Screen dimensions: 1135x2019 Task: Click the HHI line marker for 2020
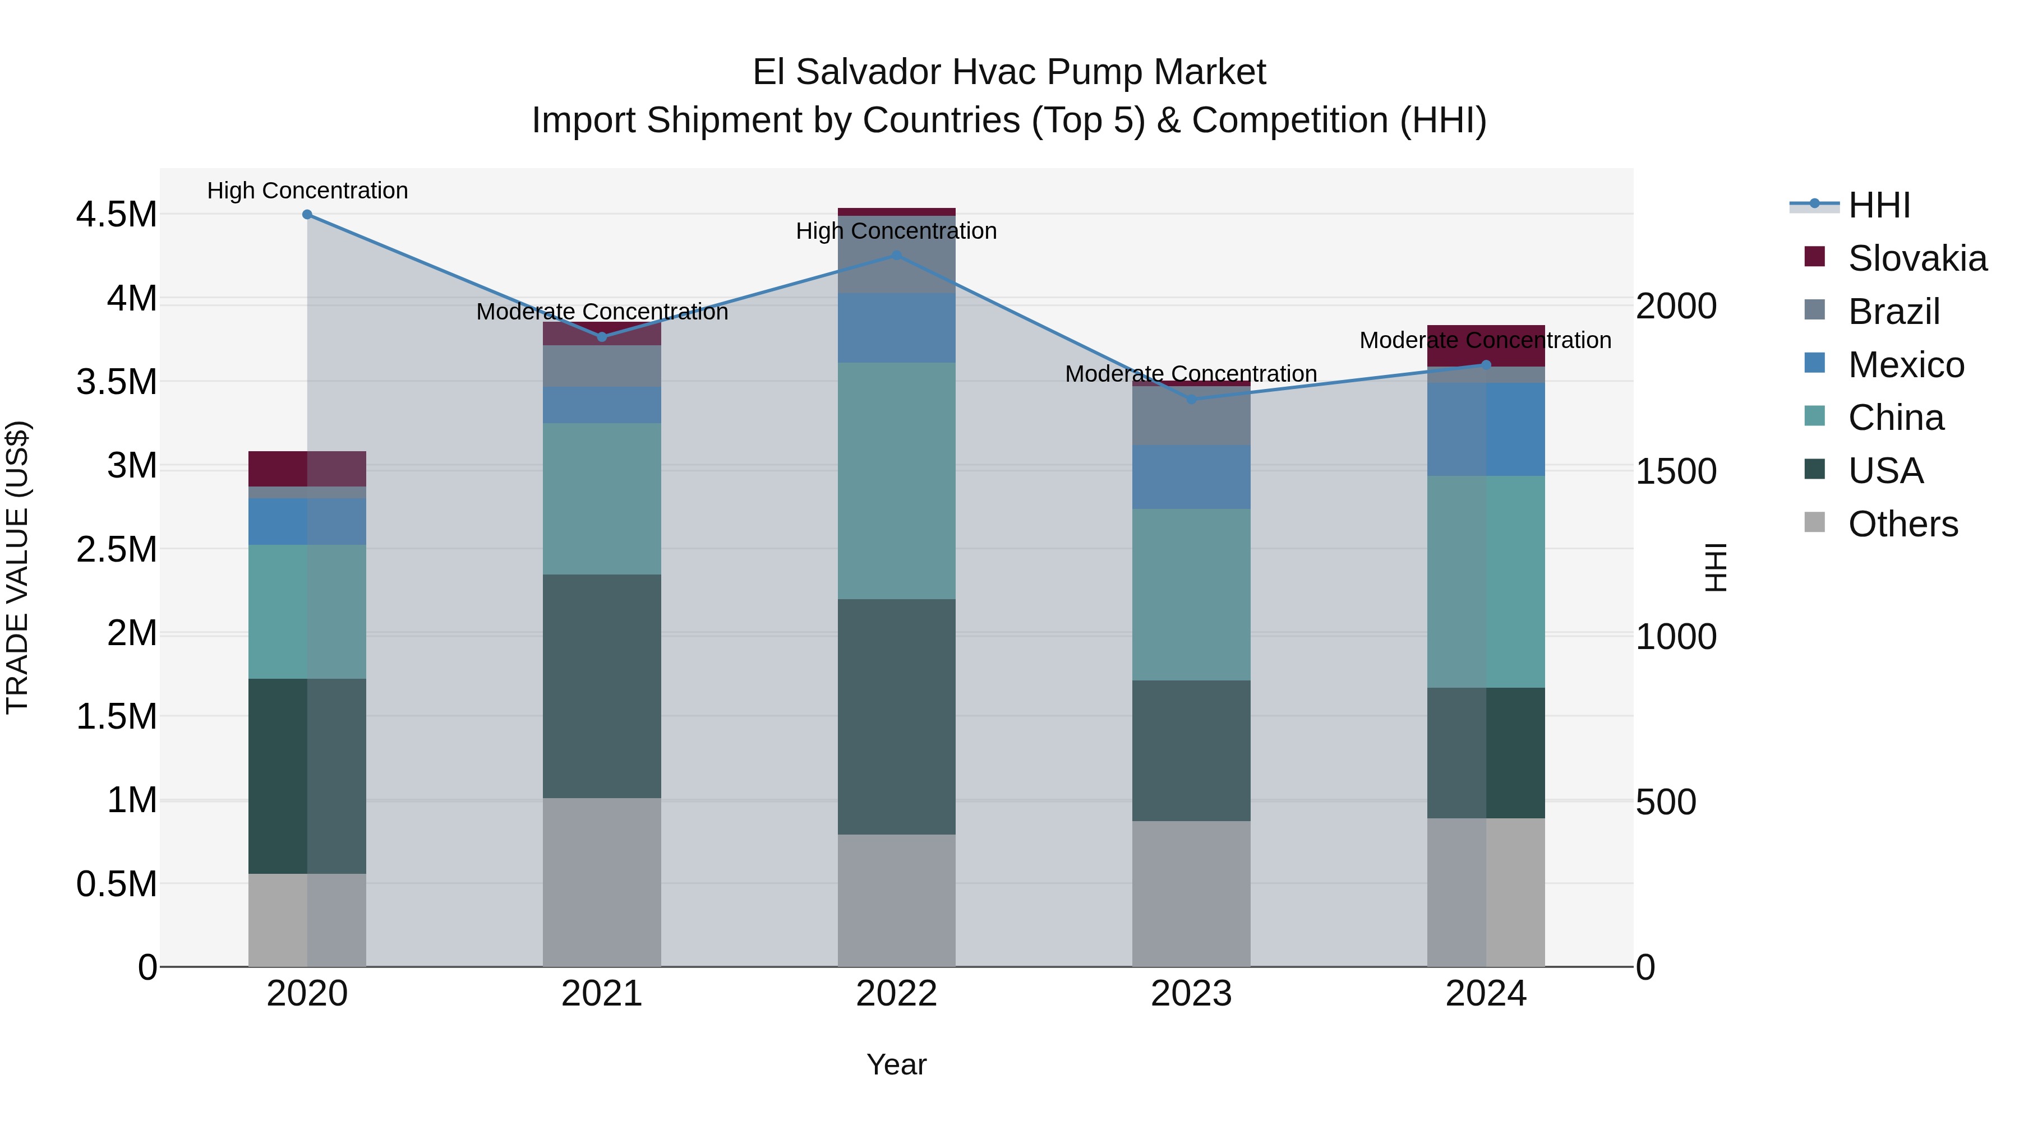tap(307, 215)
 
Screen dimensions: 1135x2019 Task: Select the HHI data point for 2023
tap(1191, 400)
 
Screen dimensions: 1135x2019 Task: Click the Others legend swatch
tap(1814, 522)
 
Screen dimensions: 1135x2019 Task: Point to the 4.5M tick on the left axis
tap(116, 215)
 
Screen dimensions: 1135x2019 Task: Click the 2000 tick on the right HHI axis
tap(1676, 306)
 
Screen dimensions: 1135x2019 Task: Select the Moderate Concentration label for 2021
tap(602, 312)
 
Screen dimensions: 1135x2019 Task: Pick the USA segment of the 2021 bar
tap(602, 685)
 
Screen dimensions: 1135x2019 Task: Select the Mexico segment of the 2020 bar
tap(307, 521)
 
